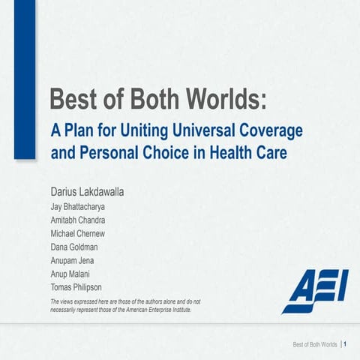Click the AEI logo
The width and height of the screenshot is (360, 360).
tap(315, 292)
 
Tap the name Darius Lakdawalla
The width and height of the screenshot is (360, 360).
tap(86, 192)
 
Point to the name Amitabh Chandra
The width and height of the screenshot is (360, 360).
tap(78, 220)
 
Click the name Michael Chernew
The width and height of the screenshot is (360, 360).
tap(79, 234)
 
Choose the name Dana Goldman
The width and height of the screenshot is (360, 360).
tap(73, 247)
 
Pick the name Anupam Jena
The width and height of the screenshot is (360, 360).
tap(74, 260)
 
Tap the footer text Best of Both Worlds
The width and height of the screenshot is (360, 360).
tap(314, 344)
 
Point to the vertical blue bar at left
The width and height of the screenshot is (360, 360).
tap(25, 79)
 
